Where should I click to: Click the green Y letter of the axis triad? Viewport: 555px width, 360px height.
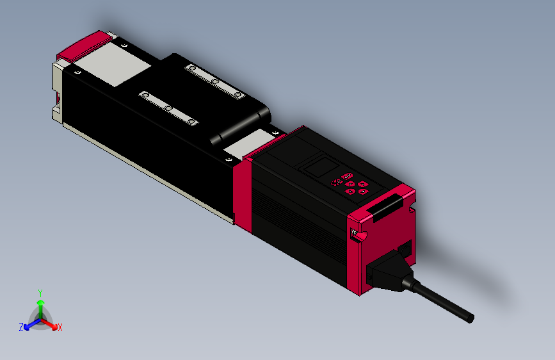click(40, 292)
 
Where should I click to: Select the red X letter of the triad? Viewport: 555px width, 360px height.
click(60, 327)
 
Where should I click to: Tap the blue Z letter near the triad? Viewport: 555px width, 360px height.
click(21, 327)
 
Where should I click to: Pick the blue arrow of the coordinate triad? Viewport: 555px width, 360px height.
click(29, 324)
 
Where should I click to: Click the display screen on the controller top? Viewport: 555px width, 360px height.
click(318, 169)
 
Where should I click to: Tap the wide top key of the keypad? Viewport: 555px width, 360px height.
click(347, 176)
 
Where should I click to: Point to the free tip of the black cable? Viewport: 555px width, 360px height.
click(470, 318)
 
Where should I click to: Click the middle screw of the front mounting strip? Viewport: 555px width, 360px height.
click(168, 108)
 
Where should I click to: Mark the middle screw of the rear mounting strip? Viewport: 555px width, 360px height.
click(216, 81)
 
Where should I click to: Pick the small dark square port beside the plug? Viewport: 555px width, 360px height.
click(405, 249)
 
